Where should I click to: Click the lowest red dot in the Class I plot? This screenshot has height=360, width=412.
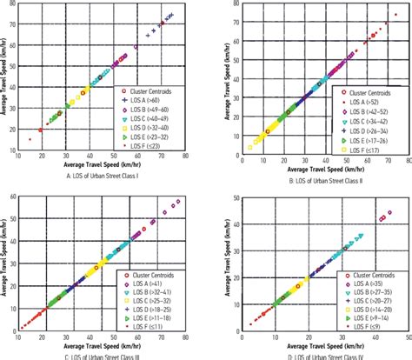(x=30, y=139)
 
